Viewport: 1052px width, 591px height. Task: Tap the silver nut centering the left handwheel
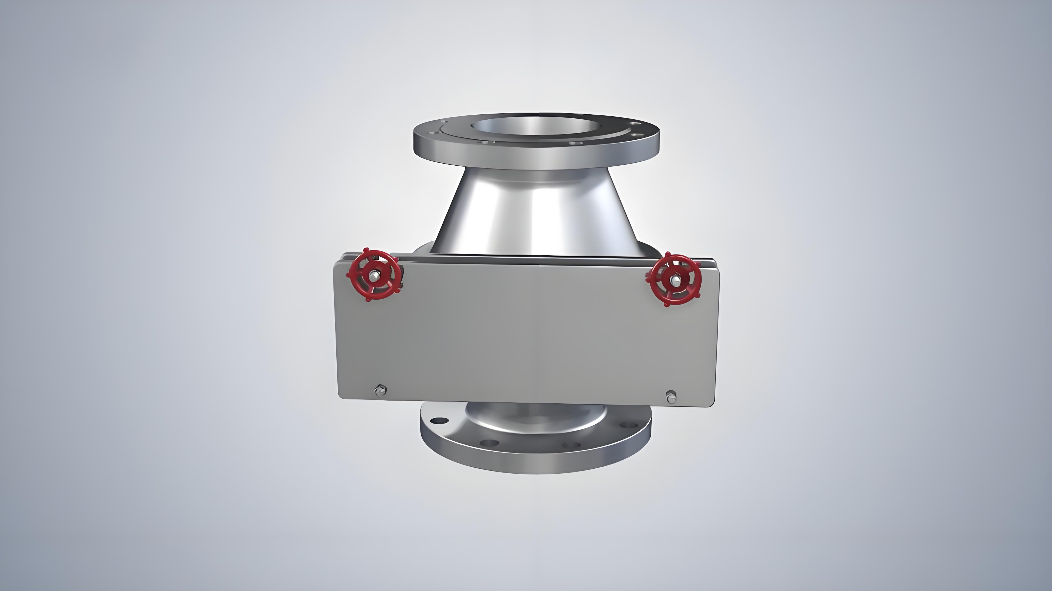point(374,276)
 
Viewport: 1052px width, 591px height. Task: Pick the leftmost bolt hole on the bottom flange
point(438,420)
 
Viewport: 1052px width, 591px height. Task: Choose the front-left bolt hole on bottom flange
point(489,442)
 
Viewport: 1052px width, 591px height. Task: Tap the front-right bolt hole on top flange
point(575,144)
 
